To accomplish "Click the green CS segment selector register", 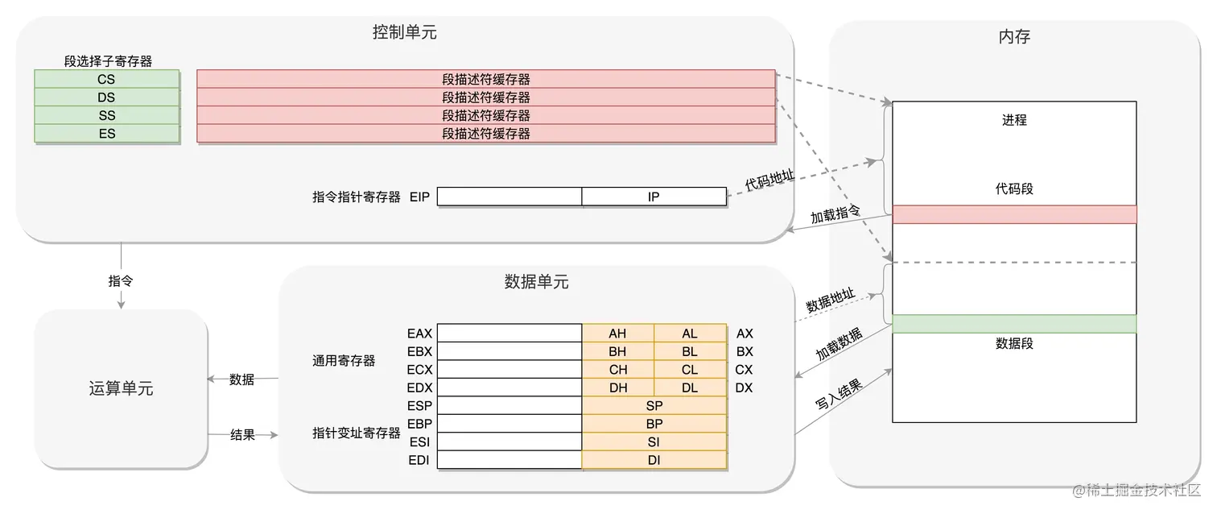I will click(x=106, y=79).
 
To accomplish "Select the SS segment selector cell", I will click(x=106, y=115).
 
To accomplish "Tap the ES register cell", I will click(x=106, y=134).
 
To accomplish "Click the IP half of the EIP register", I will click(x=654, y=196).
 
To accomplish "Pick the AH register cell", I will click(x=617, y=334).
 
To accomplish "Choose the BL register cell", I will click(x=690, y=351).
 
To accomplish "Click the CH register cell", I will click(x=617, y=370).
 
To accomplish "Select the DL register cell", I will click(x=690, y=388).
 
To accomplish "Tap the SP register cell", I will click(x=654, y=406).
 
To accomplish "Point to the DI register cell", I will click(x=654, y=460).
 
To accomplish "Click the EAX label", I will click(x=419, y=334).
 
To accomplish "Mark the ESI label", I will click(x=419, y=441).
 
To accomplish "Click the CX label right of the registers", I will click(x=745, y=370).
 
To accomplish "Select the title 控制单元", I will click(x=405, y=33).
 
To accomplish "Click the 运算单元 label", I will click(x=121, y=389).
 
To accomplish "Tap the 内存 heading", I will click(x=1014, y=37).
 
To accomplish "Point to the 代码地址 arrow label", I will click(x=769, y=178).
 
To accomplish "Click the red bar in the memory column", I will click(x=1014, y=214).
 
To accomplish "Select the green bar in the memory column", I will click(x=1014, y=324).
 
